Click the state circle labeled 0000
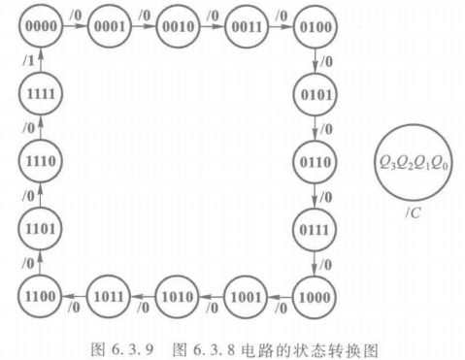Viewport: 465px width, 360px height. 36,28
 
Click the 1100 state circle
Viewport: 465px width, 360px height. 36,293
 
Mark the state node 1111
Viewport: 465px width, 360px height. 36,94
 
